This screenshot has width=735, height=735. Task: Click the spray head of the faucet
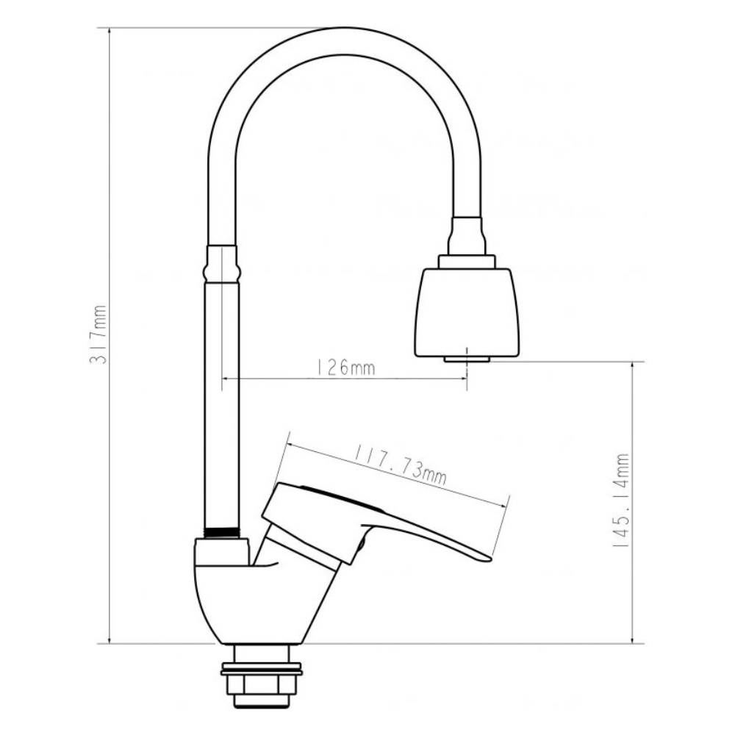[x=467, y=312]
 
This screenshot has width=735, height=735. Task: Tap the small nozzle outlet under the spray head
[x=467, y=359]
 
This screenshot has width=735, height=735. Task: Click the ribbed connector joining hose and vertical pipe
[x=221, y=265]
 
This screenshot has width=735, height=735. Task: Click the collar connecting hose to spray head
[x=467, y=236]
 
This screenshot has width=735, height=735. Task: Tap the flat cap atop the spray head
[x=467, y=261]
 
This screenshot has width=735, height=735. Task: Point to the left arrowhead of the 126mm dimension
[x=223, y=379]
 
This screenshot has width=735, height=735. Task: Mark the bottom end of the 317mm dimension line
[x=110, y=642]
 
